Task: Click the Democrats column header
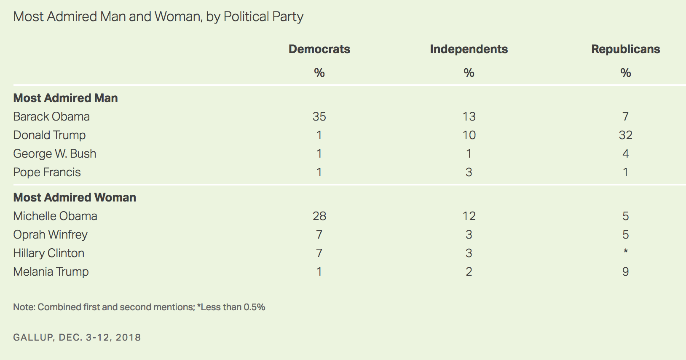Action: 319,49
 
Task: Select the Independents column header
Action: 469,49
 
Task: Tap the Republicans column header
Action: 626,49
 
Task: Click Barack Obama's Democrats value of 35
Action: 319,116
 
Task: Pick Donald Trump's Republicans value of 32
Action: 626,135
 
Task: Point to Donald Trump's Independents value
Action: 469,135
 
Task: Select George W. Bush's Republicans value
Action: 626,153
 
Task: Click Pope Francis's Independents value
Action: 469,172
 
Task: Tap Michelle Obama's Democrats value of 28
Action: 319,216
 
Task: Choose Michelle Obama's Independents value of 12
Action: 469,216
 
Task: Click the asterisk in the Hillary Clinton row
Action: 626,252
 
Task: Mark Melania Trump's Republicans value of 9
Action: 626,272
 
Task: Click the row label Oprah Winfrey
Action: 50,235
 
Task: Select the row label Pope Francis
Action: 47,172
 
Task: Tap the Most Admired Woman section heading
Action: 75,198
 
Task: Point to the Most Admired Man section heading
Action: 65,98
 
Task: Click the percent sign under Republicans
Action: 626,73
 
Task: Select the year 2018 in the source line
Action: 129,337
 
